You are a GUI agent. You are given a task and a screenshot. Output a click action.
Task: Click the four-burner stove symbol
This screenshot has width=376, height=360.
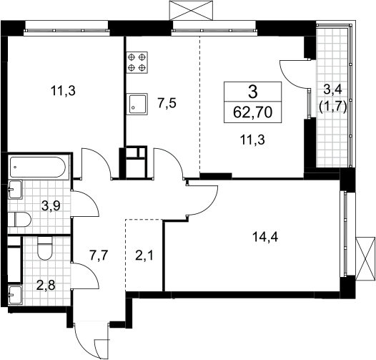[x=137, y=62]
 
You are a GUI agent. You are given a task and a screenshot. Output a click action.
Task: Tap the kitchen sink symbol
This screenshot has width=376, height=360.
[x=137, y=103]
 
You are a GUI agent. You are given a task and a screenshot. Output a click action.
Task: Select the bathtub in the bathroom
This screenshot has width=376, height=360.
[x=37, y=167]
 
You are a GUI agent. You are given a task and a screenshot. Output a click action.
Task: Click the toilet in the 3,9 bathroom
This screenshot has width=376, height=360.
[x=20, y=219]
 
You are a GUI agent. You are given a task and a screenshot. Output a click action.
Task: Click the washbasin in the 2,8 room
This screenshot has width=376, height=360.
[x=15, y=294]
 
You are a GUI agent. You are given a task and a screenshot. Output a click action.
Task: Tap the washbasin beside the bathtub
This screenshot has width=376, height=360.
[x=15, y=190]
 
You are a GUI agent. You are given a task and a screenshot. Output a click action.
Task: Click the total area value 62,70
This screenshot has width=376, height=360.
[x=253, y=112]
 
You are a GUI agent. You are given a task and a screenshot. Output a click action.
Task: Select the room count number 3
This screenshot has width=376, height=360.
[x=253, y=92]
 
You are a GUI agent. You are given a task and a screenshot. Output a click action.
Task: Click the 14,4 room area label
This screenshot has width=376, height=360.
[x=265, y=238]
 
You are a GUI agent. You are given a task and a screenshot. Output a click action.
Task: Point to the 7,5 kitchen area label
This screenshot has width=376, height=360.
[x=167, y=103]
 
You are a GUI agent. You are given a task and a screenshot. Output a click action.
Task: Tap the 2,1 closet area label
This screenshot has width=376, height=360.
[x=144, y=256]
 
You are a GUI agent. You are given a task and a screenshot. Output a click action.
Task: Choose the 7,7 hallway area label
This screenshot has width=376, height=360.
[x=99, y=256]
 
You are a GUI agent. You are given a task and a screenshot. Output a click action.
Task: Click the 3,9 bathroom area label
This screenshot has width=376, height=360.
[x=51, y=205]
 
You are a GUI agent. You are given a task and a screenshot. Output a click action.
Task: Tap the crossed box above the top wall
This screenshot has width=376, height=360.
[x=191, y=10]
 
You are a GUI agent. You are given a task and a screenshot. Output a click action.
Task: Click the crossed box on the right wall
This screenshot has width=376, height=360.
[x=365, y=258]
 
